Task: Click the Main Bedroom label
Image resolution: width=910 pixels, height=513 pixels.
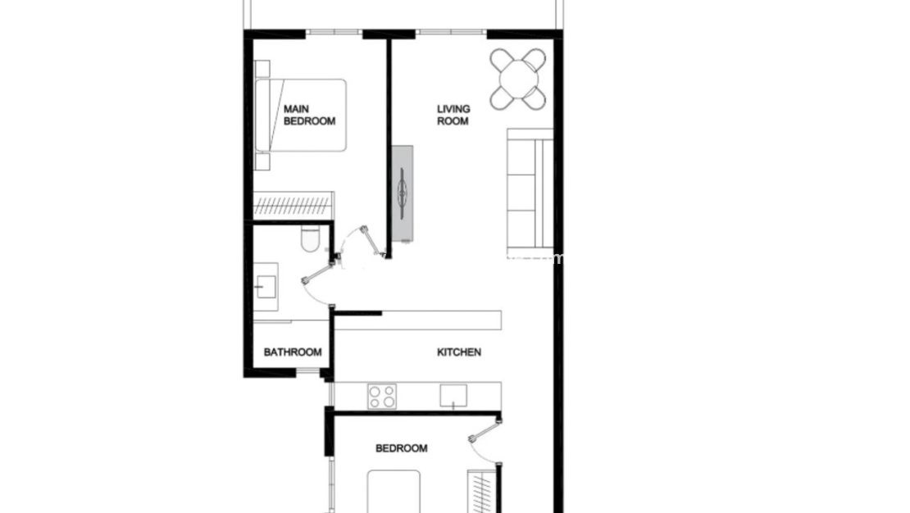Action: [x=309, y=115]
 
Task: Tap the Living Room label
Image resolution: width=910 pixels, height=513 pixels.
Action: [x=453, y=115]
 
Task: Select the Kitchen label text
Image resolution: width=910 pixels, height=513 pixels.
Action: [x=458, y=352]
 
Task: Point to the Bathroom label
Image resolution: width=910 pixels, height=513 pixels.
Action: [x=292, y=352]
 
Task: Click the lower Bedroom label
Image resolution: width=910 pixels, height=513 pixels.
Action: [x=401, y=448]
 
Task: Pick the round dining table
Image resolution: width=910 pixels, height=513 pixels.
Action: [x=518, y=79]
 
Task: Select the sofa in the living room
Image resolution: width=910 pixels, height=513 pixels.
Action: [x=529, y=189]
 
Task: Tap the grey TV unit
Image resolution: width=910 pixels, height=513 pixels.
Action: [x=403, y=193]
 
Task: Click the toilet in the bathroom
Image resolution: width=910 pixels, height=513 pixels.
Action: [x=310, y=239]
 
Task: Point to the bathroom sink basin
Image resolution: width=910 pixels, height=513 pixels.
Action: [x=266, y=286]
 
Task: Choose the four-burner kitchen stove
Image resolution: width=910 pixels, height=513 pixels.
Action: [x=381, y=396]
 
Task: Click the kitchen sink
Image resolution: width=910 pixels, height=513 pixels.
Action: [x=453, y=395]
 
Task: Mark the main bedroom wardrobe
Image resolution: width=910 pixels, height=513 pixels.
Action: [x=293, y=205]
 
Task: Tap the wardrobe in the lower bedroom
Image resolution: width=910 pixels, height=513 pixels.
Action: [x=482, y=490]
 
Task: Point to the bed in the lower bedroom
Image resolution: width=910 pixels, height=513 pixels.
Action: [x=394, y=492]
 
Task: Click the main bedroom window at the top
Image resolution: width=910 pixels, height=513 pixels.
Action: [x=334, y=33]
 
